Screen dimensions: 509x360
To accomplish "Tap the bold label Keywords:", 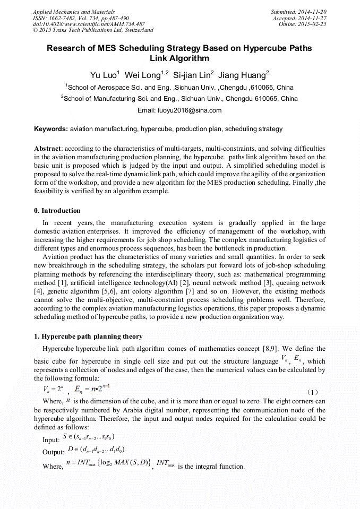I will [x=51, y=129].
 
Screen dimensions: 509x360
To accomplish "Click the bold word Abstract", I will [x=47, y=149].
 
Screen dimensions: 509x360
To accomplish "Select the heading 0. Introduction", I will [x=57, y=211].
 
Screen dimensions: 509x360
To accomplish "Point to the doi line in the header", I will [x=89, y=24].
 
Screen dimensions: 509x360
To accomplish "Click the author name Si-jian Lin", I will [x=193, y=75].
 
